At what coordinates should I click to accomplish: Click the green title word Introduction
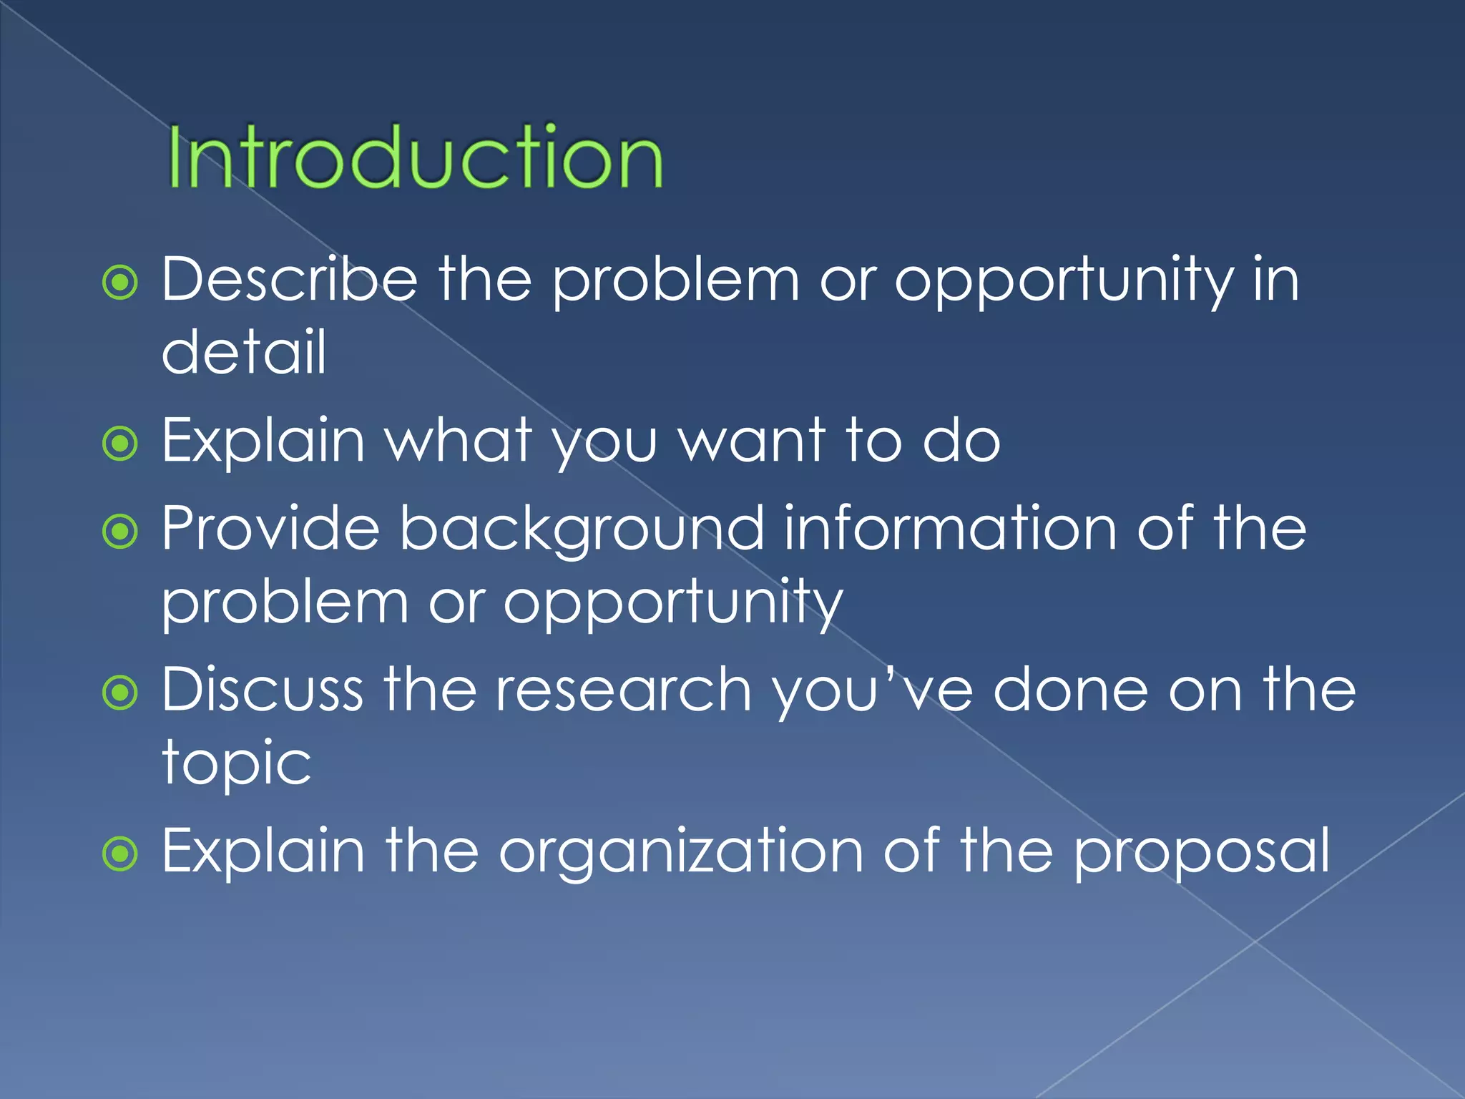tap(415, 157)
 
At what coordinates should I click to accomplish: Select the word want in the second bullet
tap(752, 441)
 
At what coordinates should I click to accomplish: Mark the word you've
tap(872, 690)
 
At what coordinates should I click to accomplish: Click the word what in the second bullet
tap(459, 441)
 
